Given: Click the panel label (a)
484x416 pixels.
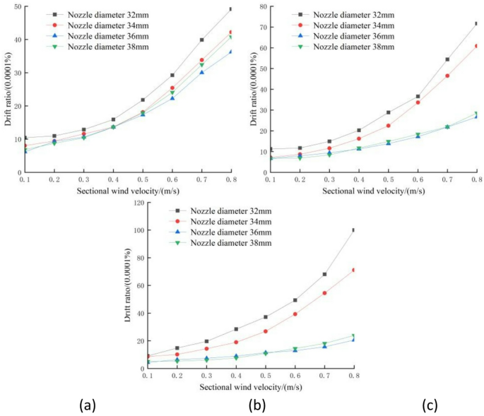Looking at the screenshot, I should point(87,405).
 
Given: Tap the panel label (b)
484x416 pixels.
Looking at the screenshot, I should point(256,405).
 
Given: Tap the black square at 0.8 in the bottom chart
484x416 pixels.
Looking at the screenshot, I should point(353,230).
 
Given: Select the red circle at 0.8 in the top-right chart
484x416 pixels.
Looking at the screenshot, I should point(476,46).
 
